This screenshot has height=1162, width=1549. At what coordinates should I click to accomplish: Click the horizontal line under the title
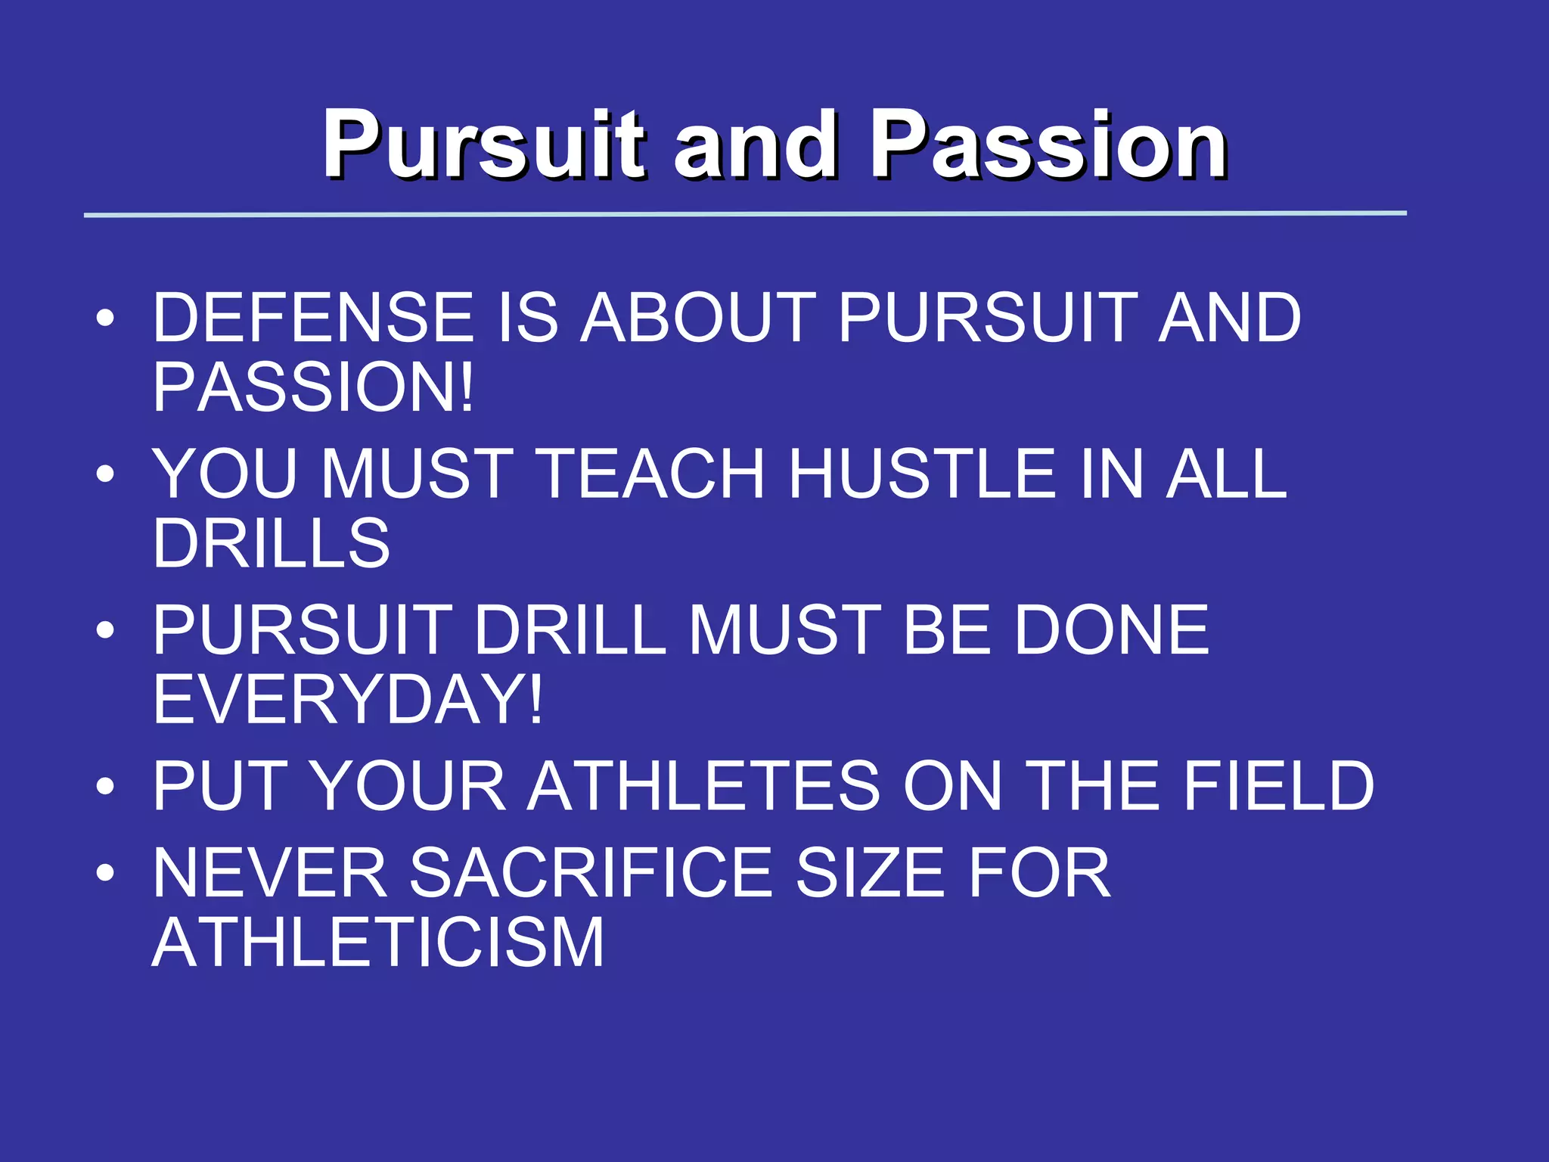(x=745, y=214)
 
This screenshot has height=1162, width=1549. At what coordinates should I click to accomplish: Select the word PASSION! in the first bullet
(x=312, y=388)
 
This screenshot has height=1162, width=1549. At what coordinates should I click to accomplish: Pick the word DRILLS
(x=271, y=544)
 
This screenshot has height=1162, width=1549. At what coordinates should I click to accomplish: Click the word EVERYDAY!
(x=347, y=700)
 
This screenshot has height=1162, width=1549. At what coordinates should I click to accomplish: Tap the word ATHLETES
(x=703, y=787)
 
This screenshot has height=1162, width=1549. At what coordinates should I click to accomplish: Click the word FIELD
(x=1277, y=787)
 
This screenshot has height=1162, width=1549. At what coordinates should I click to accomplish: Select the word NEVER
(x=270, y=874)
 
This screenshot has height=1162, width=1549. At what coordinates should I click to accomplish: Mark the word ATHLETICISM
(x=377, y=943)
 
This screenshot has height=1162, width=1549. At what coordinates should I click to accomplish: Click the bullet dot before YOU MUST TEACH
(x=105, y=475)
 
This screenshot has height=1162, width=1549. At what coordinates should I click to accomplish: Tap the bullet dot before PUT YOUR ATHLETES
(x=105, y=788)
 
